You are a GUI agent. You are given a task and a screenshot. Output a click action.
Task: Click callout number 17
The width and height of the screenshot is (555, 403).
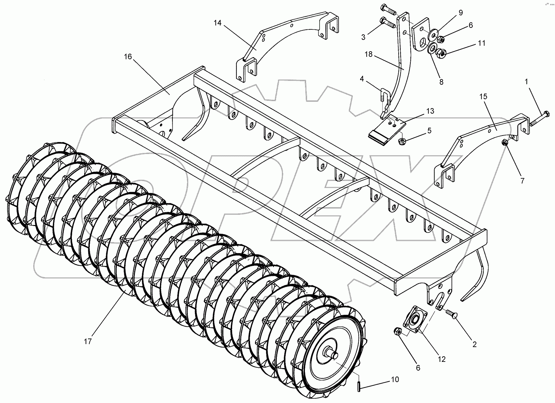[x=88, y=342]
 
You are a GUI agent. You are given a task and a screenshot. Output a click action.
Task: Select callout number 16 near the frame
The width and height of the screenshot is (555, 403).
[x=128, y=56]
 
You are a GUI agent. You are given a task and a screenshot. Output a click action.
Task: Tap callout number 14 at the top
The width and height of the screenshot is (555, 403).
[x=217, y=23]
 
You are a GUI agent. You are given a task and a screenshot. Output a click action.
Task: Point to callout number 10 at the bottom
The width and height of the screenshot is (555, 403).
[x=395, y=379]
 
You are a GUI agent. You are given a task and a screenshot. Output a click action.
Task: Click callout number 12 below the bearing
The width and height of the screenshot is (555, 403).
[x=441, y=359]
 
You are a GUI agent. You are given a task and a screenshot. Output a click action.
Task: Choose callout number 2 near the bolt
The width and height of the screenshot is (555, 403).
[x=474, y=344]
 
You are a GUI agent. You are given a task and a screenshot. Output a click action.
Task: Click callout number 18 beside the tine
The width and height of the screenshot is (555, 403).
[x=369, y=54]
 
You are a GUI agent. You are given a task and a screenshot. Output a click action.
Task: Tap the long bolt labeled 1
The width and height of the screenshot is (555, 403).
[x=538, y=119]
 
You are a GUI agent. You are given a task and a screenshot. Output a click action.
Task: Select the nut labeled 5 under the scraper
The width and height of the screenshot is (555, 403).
[x=402, y=141]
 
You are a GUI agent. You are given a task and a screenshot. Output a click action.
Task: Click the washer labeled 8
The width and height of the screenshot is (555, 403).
[x=432, y=49]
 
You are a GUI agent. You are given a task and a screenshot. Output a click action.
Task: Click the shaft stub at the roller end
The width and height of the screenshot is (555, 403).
[x=333, y=354]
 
